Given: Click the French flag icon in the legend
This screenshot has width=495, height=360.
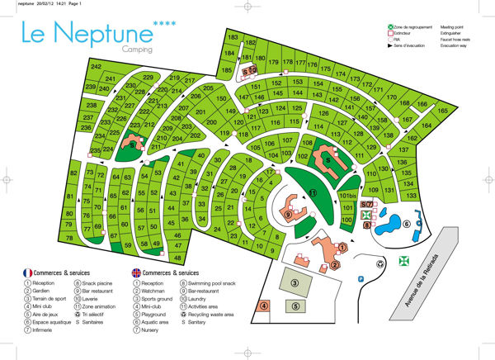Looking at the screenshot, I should (x=27, y=272).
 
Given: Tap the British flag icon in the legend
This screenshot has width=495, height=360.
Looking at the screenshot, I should (x=134, y=272).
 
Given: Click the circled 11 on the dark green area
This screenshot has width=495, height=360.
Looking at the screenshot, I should (x=312, y=192).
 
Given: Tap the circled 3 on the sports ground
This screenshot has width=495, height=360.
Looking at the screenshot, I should (x=294, y=282).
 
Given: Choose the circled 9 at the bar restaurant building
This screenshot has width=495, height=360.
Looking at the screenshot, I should (x=287, y=215).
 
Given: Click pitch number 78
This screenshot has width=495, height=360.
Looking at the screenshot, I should (x=69, y=238).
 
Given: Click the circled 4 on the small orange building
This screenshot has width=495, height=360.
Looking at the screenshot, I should (x=264, y=306).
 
